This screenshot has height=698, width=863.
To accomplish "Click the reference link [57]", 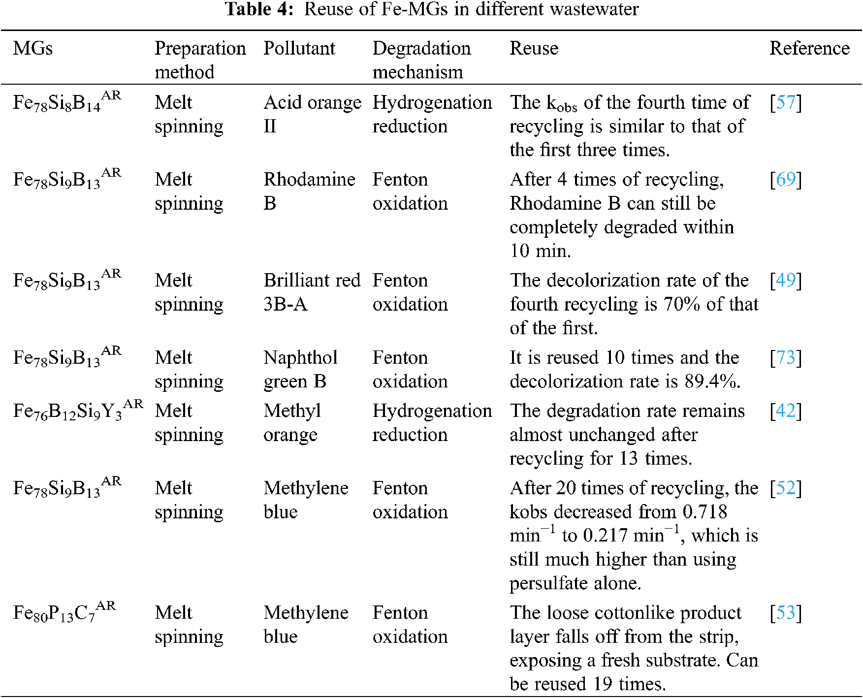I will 785,102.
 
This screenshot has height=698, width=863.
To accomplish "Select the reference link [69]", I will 785,180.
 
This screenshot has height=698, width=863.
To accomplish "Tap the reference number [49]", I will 785,281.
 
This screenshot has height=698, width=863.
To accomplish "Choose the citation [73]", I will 785,358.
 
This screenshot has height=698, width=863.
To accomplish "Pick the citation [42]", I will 785,411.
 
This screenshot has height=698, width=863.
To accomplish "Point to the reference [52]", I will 785,488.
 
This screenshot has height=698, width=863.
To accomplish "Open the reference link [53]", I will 785,613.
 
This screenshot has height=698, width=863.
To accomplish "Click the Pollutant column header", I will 299,49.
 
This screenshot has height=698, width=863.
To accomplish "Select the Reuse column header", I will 534,49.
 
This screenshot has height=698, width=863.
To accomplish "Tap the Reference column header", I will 809,49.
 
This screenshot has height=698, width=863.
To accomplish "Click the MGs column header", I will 32,49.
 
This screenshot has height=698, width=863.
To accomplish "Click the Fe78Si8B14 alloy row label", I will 66,102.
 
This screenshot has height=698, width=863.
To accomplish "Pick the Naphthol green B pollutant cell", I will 300,369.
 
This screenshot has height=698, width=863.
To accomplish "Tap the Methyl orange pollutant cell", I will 292,422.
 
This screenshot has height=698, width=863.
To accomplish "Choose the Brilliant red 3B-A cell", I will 312,292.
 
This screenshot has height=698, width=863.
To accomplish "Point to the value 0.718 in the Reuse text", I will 704,512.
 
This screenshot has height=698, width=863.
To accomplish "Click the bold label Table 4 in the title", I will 259,9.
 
